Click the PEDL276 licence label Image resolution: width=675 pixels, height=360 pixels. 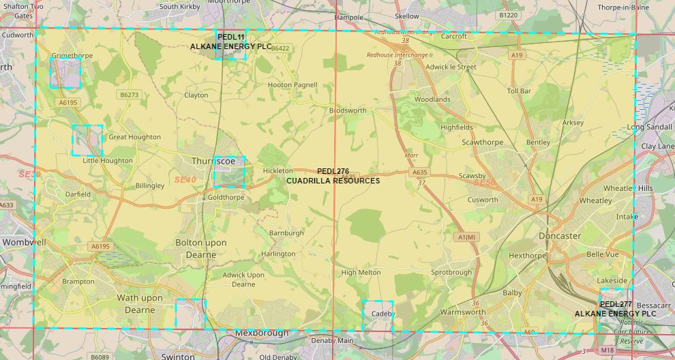click(333, 171)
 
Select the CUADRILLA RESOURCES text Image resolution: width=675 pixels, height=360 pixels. click(333, 181)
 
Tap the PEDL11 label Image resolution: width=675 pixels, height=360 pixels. click(230, 37)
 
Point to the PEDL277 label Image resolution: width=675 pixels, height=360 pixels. click(616, 304)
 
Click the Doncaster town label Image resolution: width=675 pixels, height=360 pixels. click(559, 236)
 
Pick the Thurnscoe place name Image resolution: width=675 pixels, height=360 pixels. click(213, 161)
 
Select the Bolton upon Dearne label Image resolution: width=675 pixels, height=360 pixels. click(196, 248)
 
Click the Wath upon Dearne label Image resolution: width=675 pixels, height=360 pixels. click(140, 303)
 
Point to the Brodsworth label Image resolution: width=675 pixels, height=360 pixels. click(348, 110)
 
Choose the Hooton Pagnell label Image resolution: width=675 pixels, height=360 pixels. click(292, 85)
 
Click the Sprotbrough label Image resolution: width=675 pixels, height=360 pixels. click(451, 272)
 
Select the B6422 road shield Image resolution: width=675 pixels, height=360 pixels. click(280, 48)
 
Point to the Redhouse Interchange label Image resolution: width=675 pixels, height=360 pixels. click(397, 55)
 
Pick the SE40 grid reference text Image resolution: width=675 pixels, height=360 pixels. click(185, 180)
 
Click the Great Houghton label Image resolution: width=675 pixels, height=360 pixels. click(134, 137)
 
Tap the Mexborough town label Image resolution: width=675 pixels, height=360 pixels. click(262, 333)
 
